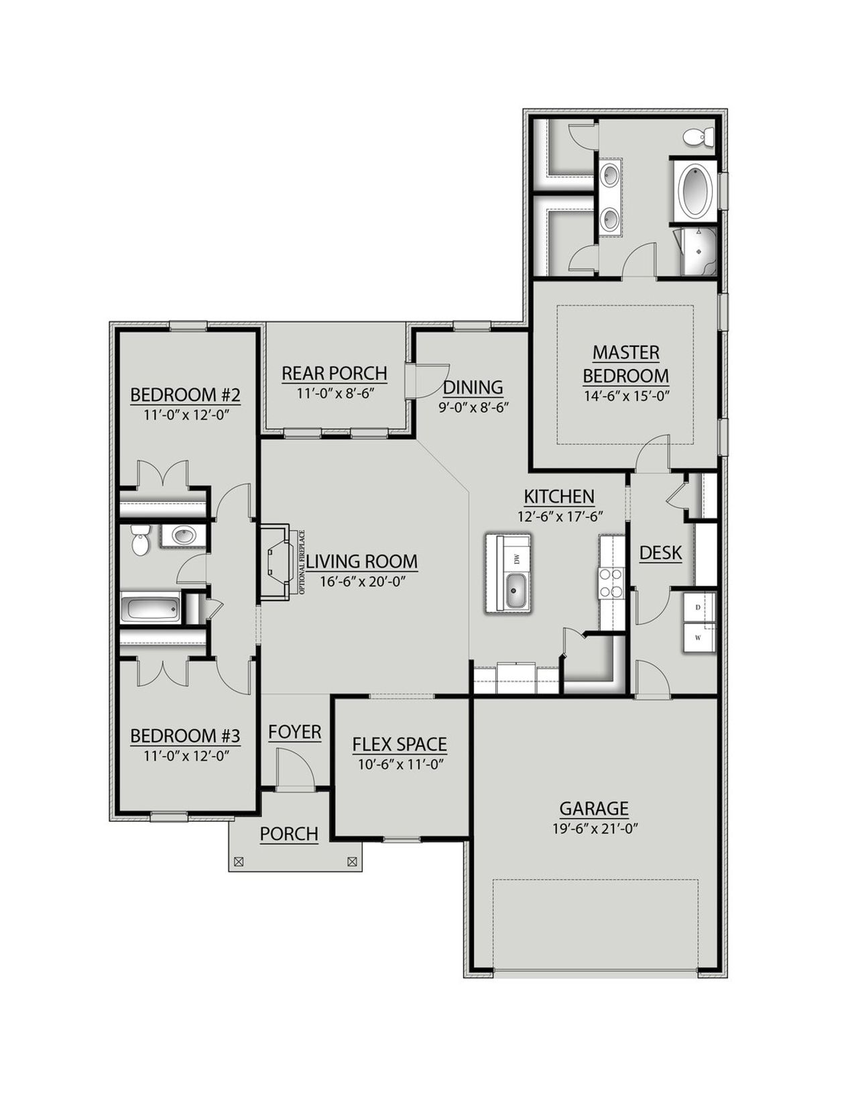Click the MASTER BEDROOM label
tap(625, 364)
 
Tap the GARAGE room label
tap(594, 808)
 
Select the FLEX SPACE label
tap(400, 744)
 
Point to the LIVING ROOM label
tap(362, 561)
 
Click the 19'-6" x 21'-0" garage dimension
tap(594, 829)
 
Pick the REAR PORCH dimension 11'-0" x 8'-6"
tap(334, 393)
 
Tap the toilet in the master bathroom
tap(699, 138)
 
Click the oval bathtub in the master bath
tap(696, 189)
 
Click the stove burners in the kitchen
tap(611, 582)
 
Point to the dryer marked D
tap(698, 607)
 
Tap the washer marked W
tap(698, 637)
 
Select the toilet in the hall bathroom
tap(140, 539)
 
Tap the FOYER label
tap(295, 732)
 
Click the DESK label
tap(660, 553)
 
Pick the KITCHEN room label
tap(558, 496)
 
